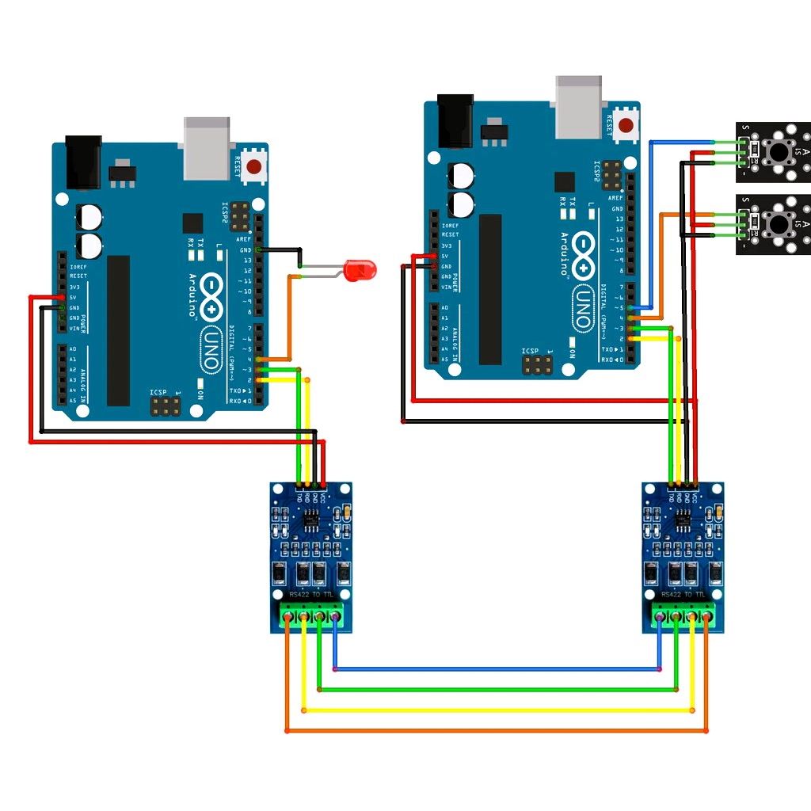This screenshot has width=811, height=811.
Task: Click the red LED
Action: tap(360, 271)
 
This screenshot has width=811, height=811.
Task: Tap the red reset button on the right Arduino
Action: tap(626, 125)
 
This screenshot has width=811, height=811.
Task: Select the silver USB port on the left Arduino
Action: tap(207, 148)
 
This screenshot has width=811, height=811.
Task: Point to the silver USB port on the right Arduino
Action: tap(579, 106)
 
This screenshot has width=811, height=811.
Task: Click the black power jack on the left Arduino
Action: tap(83, 162)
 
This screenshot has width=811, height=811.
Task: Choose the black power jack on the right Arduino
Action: tap(455, 120)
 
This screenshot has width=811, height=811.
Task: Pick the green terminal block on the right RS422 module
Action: tap(682, 615)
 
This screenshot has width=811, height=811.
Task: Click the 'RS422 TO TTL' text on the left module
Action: tap(310, 593)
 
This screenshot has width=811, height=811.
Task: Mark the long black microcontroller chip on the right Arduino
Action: tap(490, 289)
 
